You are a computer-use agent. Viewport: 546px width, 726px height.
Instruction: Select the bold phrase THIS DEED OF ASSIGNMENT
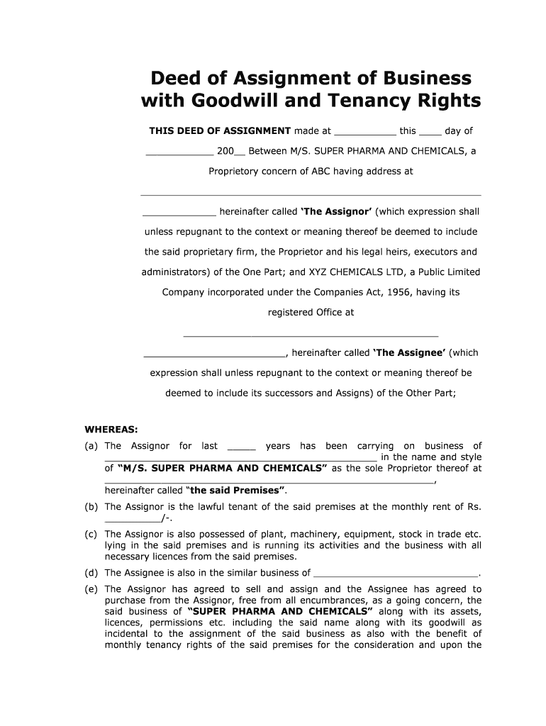[220, 131]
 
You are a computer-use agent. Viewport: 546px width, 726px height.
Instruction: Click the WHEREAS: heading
[111, 429]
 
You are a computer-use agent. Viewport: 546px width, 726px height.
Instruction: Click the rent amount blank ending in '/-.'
[133, 519]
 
